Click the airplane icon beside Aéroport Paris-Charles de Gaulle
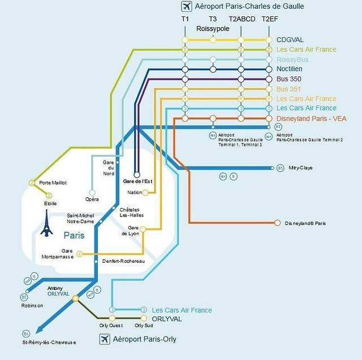186,7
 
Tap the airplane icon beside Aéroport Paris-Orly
105,339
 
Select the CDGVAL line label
290,40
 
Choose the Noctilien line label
291,70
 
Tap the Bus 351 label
288,89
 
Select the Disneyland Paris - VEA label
311,119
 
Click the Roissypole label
213,28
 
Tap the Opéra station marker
92,192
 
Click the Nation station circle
145,193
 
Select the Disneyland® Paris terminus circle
277,223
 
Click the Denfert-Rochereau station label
123,261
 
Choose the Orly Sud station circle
144,318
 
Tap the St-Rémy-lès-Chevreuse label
49,342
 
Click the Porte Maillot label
53,183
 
